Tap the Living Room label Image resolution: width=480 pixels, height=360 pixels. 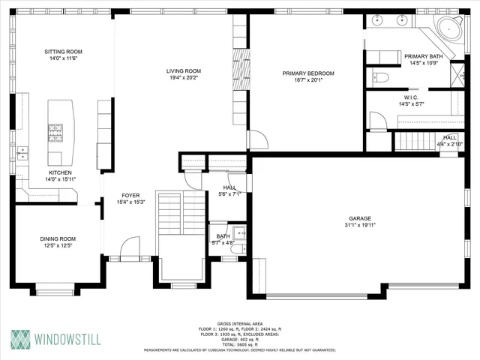[x=184, y=71]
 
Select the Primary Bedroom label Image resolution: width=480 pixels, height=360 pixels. [x=307, y=73]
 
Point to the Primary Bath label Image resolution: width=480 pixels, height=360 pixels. [x=424, y=56]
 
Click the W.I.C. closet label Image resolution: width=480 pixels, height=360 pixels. [x=411, y=97]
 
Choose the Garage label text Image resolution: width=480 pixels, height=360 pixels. [x=360, y=218]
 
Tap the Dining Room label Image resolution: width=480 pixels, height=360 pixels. [x=58, y=239]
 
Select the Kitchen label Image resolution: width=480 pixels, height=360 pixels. [x=60, y=172]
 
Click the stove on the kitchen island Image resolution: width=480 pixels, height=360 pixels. [x=56, y=133]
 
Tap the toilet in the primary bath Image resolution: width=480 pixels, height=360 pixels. [x=380, y=77]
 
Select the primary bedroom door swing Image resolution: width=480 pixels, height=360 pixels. [x=256, y=140]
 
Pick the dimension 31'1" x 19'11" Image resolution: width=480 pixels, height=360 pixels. [x=360, y=225]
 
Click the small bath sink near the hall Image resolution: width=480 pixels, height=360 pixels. [x=236, y=231]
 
